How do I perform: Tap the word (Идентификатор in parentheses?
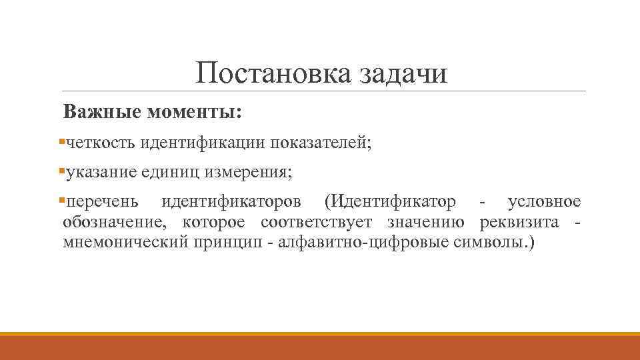pyautogui.click(x=389, y=202)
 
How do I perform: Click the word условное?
pyautogui.click(x=544, y=202)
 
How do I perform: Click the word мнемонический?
pyautogui.click(x=124, y=242)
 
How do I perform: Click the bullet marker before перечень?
pyautogui.click(x=62, y=200)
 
